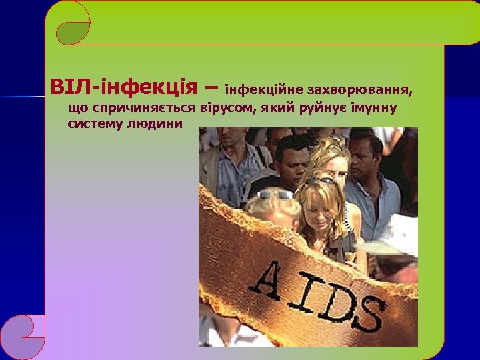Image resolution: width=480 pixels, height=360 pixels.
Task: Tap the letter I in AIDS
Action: [x=304, y=287]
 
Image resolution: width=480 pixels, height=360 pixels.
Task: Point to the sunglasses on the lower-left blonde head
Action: [x=275, y=194]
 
